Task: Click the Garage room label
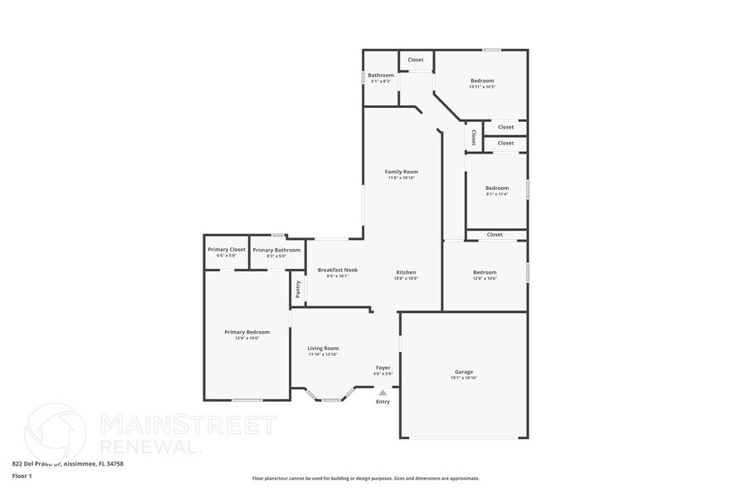coord(463,372)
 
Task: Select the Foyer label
coord(383,367)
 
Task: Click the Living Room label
coord(323,348)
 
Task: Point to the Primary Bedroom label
coord(246,332)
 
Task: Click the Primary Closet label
coord(227,249)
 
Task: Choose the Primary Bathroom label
coord(276,249)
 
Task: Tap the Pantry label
coord(298,289)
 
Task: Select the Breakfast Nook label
coord(338,270)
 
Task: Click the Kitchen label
coord(405,272)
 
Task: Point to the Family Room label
coord(401,171)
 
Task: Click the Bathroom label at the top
coord(382,76)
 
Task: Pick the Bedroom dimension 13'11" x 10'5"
coord(481,86)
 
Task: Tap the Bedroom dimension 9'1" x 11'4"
coord(496,194)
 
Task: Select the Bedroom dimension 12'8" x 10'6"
coord(485,278)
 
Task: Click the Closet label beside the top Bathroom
coord(415,60)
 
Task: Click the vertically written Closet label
coord(473,136)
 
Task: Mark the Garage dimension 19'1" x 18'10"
coord(463,378)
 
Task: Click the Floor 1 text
coord(22,476)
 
